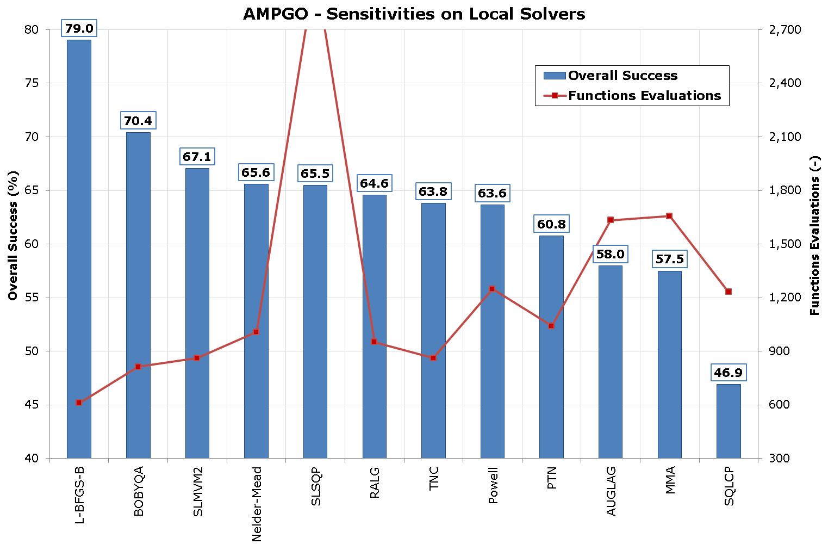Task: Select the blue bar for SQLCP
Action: pyautogui.click(x=729, y=421)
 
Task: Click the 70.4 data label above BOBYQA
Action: pyautogui.click(x=138, y=121)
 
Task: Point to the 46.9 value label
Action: pyautogui.click(x=729, y=373)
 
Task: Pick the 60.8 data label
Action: pyautogui.click(x=551, y=224)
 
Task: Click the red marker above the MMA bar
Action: pyautogui.click(x=669, y=216)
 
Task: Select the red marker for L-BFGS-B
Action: pyautogui.click(x=79, y=403)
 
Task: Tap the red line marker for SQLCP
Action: pyautogui.click(x=729, y=292)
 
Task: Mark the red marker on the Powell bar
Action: pyautogui.click(x=492, y=289)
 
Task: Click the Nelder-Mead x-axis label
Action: pyautogui.click(x=257, y=504)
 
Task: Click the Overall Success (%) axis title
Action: pyautogui.click(x=13, y=236)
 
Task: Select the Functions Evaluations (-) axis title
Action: pyautogui.click(x=814, y=236)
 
